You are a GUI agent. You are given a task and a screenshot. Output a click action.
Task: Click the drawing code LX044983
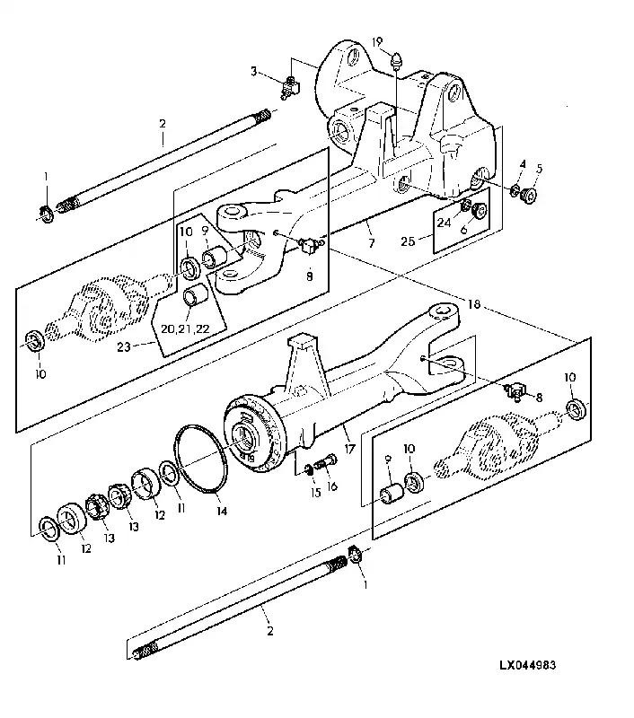tap(528, 665)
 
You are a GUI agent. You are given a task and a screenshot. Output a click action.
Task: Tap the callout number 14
tap(222, 511)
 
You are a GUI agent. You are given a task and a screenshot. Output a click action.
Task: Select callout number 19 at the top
tap(377, 42)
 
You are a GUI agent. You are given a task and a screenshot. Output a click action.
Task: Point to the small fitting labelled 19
tap(397, 61)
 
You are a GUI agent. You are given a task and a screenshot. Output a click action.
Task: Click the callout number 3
tap(253, 71)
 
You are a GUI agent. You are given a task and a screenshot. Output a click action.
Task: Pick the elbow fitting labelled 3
tap(289, 87)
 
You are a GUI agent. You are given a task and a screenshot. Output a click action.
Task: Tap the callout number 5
tap(539, 169)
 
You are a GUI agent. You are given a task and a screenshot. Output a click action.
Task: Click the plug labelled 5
tap(529, 196)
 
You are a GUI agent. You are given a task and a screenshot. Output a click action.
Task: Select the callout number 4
tap(523, 163)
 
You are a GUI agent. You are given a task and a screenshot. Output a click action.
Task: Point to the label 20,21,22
tap(185, 328)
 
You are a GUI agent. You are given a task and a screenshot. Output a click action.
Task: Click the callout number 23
tap(124, 346)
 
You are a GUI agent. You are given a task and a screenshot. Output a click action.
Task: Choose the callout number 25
tap(408, 241)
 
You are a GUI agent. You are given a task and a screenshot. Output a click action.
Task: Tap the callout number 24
tap(444, 223)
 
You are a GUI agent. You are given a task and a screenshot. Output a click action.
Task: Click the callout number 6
tap(463, 230)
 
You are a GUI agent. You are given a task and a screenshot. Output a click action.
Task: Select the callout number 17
tap(349, 449)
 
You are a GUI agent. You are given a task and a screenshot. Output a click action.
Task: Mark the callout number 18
tap(473, 303)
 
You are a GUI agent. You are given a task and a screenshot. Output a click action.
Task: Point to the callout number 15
tap(315, 493)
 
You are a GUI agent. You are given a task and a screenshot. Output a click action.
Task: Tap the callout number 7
tap(371, 242)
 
